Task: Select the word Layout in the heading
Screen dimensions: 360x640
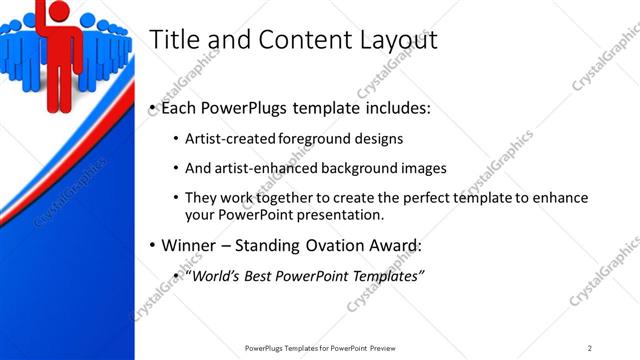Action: pos(392,41)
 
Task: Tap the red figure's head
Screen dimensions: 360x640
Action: pos(58,10)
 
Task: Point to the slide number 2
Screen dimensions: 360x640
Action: pos(590,347)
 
